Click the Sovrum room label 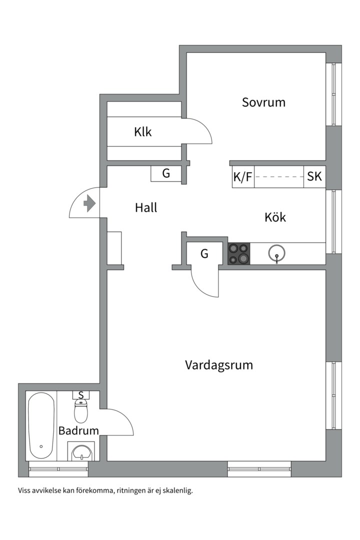[263, 102]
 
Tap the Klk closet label [142, 132]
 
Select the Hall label [146, 207]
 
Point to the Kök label [275, 217]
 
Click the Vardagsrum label [219, 365]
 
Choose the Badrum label [78, 430]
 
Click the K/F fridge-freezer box [243, 177]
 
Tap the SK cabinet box [314, 177]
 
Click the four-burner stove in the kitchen [239, 253]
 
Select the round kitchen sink [276, 253]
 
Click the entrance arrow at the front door [89, 203]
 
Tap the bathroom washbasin [81, 453]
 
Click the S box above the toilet [81, 394]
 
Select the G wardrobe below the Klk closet [166, 173]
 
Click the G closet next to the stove [204, 253]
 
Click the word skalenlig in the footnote [175, 490]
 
